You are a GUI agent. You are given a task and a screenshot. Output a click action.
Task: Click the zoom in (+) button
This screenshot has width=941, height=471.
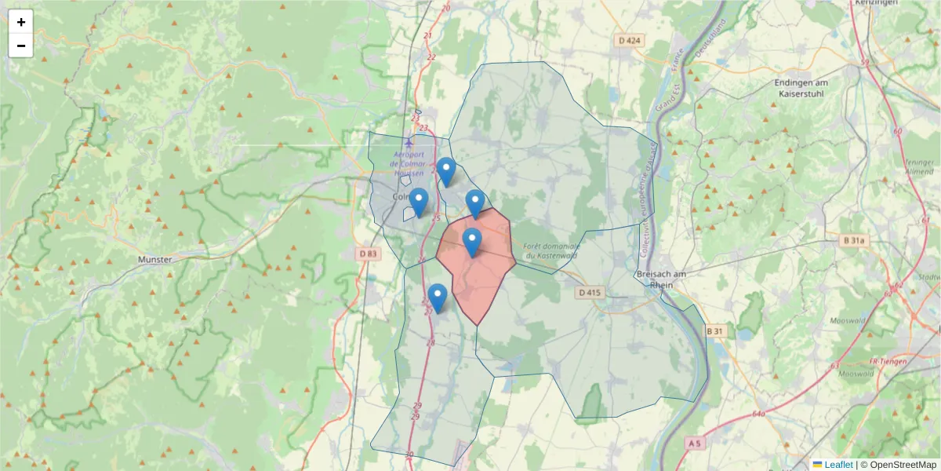coord(21,22)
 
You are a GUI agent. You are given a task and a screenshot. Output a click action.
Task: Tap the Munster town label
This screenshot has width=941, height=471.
coord(154,259)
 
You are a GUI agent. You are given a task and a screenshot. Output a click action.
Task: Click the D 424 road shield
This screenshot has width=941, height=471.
coord(629,40)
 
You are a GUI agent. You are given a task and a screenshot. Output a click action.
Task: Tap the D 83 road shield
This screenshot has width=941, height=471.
coord(368,254)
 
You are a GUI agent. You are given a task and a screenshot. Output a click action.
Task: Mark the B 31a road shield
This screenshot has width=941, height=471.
coord(856,240)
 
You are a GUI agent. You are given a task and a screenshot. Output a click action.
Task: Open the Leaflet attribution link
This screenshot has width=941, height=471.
coord(838,464)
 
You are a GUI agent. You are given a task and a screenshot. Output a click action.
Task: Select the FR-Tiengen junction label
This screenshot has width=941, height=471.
coord(888,362)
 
